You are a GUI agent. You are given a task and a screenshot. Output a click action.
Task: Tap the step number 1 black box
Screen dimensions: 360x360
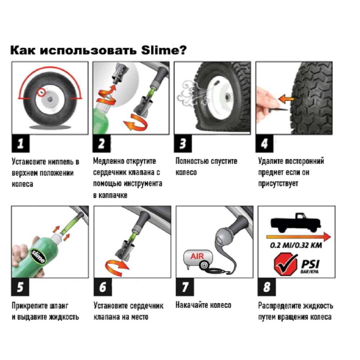pos(21,144)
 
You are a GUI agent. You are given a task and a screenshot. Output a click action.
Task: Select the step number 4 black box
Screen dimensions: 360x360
pos(265,144)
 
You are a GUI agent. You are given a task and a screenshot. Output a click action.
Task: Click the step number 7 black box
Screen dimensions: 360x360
pos(185,287)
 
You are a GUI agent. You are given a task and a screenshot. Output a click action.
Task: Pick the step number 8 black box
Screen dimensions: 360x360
pos(266,287)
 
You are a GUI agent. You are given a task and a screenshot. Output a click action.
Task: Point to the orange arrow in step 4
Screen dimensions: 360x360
pos(286,99)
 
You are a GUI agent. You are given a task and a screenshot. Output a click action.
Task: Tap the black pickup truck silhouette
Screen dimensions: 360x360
pos(296,222)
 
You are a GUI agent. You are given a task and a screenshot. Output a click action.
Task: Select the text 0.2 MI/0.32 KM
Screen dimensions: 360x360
pos(296,245)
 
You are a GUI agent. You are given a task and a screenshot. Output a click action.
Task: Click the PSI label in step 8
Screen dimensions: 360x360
pos(310,264)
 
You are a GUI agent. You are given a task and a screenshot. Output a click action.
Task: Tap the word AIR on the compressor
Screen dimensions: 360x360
pos(197,256)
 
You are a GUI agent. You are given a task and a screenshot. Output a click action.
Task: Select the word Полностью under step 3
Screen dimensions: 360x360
pos(192,161)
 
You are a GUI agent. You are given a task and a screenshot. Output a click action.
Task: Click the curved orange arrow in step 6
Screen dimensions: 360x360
pos(117,267)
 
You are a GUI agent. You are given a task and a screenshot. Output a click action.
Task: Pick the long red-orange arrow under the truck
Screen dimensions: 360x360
pos(298,237)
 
